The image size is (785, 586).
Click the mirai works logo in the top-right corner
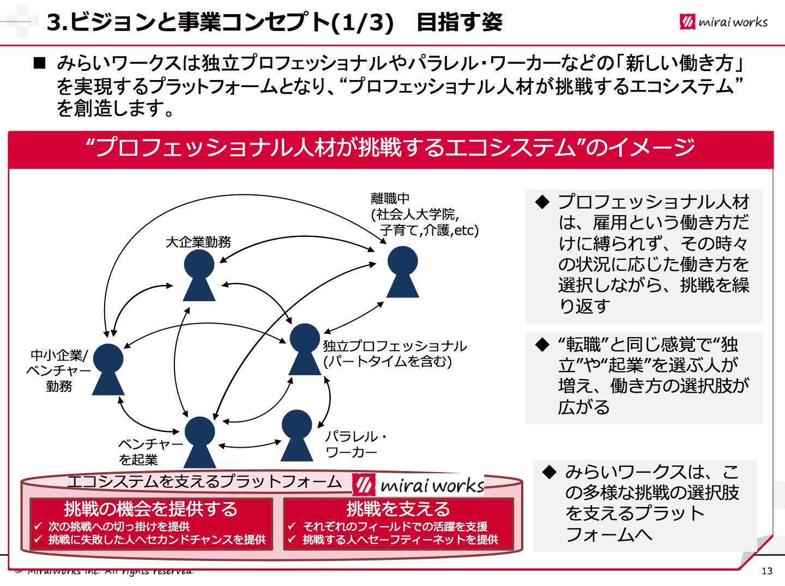pyautogui.click(x=723, y=22)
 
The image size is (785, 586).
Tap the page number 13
pyautogui.click(x=766, y=571)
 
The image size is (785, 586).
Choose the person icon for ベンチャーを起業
pyautogui.click(x=200, y=442)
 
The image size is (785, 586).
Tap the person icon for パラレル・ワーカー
pyautogui.click(x=297, y=435)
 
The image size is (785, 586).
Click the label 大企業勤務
pyautogui.click(x=198, y=242)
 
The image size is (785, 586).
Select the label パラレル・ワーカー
pyautogui.click(x=355, y=444)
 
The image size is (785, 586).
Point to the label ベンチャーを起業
pyautogui.click(x=150, y=452)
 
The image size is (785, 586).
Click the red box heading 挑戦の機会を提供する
pyautogui.click(x=151, y=509)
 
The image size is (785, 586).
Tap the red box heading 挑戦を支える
pyautogui.click(x=398, y=509)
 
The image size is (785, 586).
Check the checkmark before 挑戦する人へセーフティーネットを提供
pyautogui.click(x=292, y=540)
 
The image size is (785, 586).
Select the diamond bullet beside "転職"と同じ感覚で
pyautogui.click(x=542, y=345)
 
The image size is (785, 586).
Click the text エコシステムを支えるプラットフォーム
pyautogui.click(x=204, y=481)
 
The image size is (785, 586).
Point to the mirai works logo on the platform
pyautogui.click(x=419, y=485)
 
